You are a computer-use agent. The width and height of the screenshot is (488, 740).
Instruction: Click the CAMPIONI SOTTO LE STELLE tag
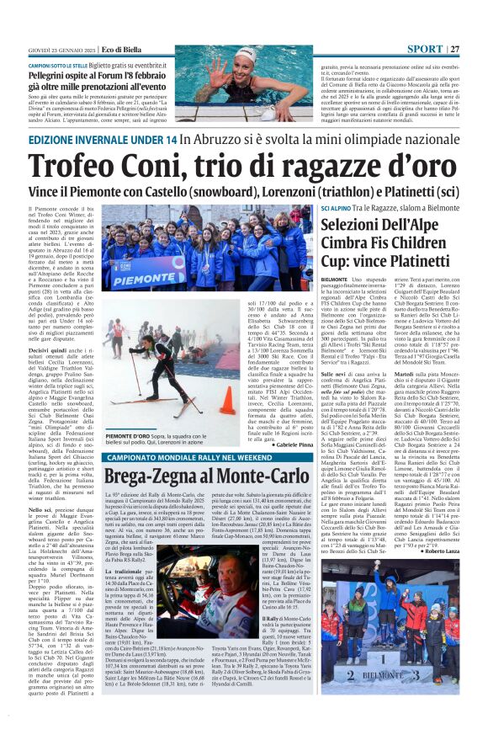pos(61,64)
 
